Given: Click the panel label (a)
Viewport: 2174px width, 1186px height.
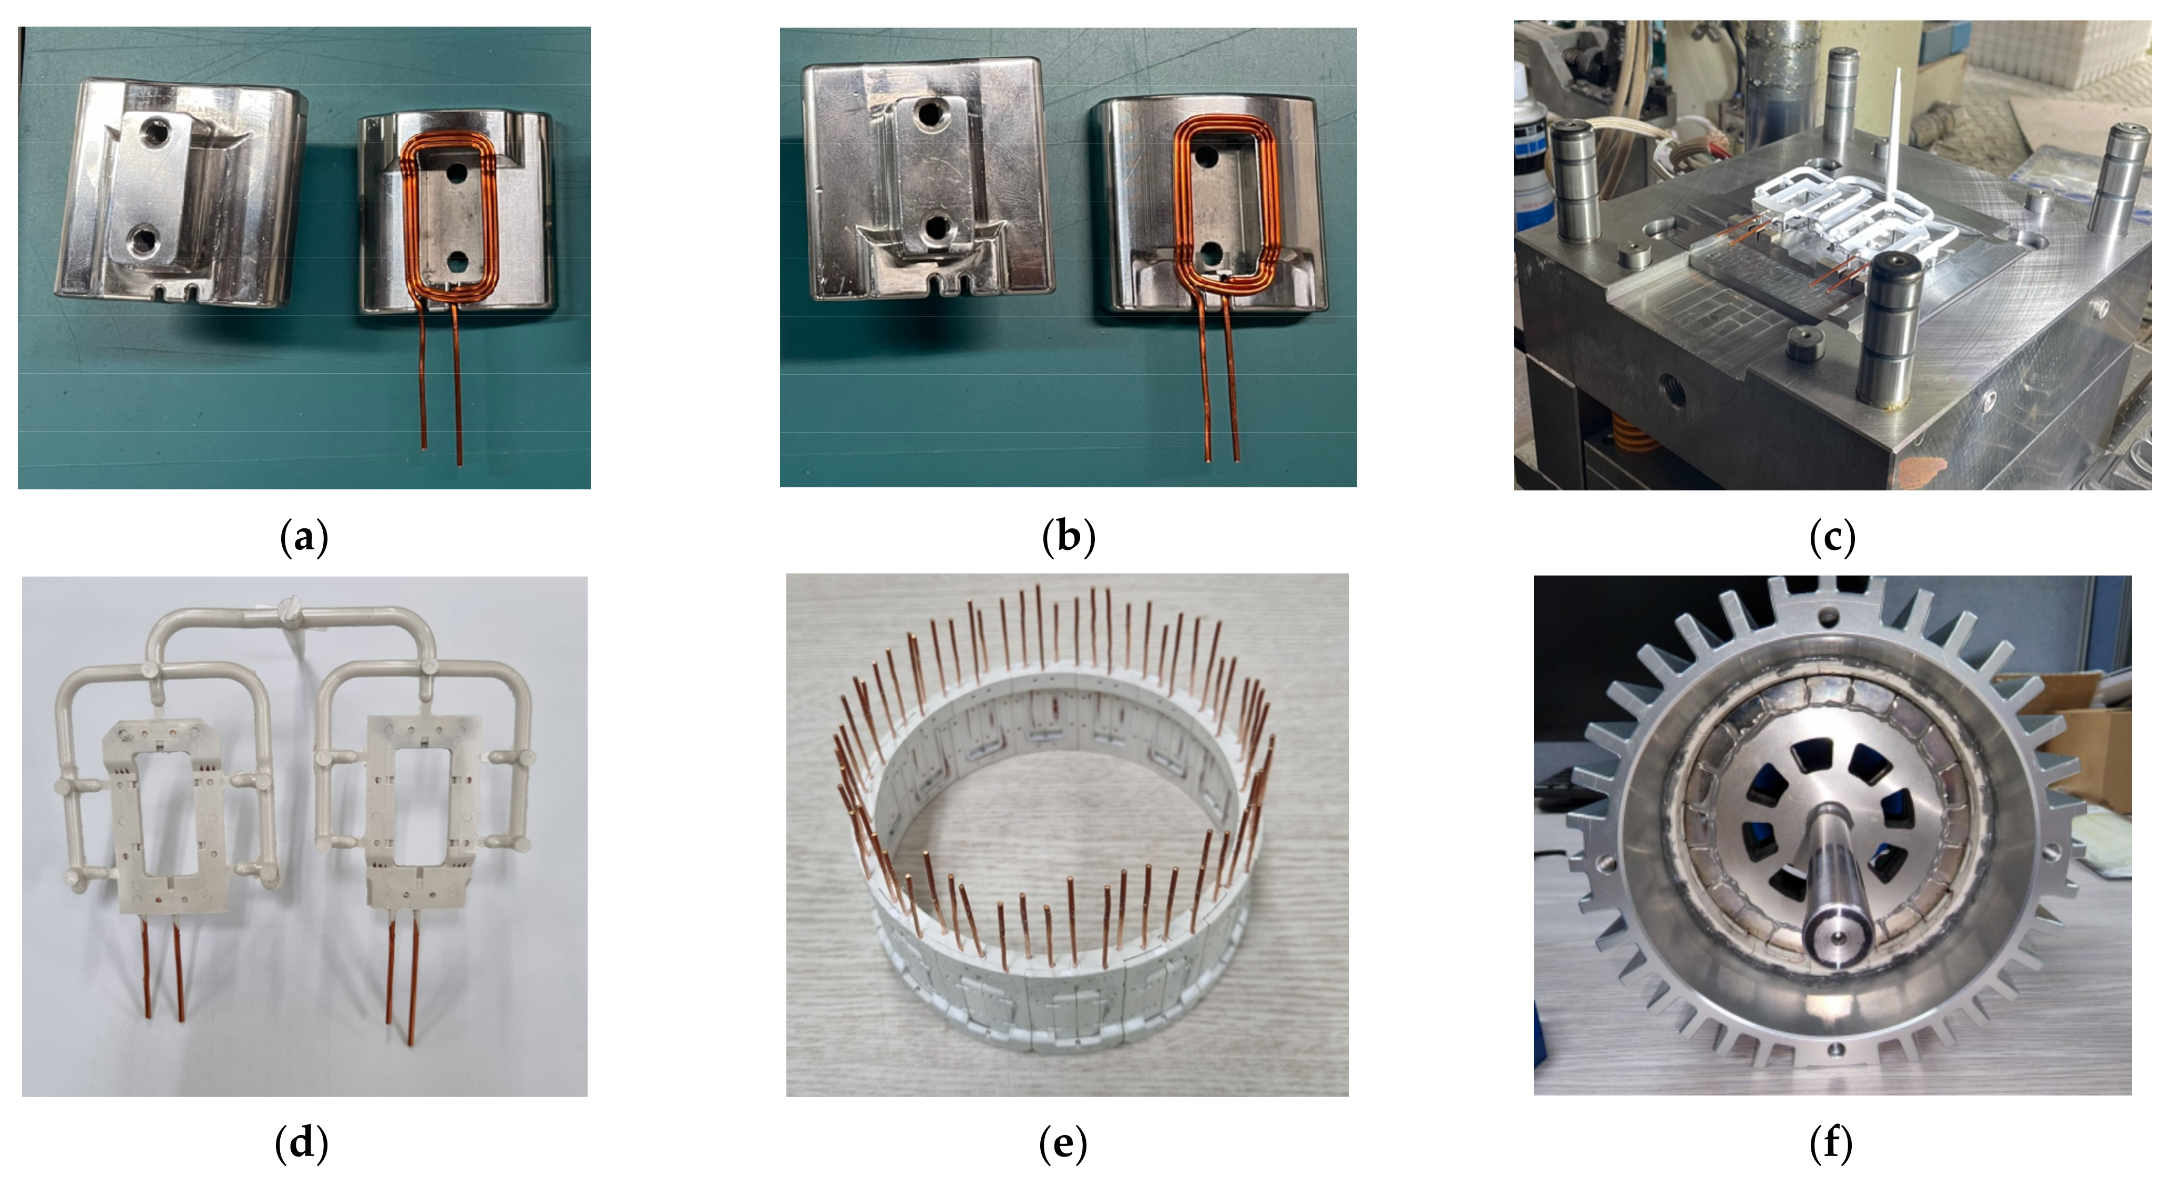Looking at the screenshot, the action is (303, 537).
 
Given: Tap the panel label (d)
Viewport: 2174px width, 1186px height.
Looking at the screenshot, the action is (301, 1144).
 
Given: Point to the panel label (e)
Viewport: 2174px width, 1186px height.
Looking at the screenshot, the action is (1062, 1144).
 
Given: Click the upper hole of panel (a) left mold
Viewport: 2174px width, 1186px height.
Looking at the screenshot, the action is (155, 131).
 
